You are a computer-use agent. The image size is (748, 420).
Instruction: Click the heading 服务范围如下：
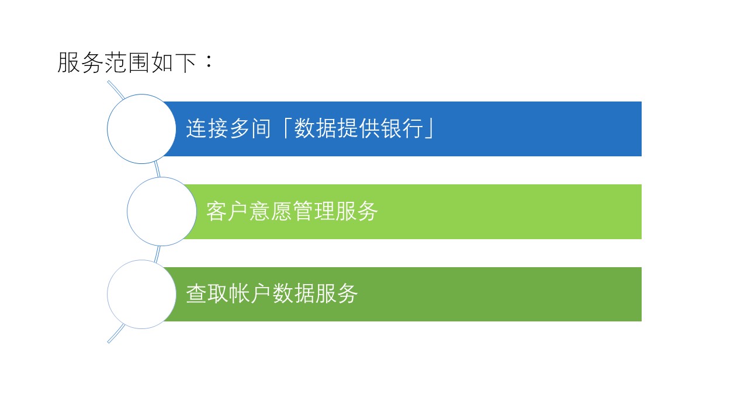pyautogui.click(x=135, y=62)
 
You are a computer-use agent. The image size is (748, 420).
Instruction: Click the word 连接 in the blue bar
pyautogui.click(x=207, y=128)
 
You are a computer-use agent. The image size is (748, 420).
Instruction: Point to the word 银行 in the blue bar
pyautogui.click(x=403, y=128)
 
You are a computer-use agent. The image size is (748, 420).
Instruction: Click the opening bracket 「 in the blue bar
pyautogui.click(x=286, y=128)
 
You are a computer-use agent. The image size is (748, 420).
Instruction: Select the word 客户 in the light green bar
pyautogui.click(x=227, y=211)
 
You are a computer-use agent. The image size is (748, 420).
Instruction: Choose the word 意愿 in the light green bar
pyautogui.click(x=271, y=211)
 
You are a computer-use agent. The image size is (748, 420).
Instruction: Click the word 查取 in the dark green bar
pyautogui.click(x=207, y=293)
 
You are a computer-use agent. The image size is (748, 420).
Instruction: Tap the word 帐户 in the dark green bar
pyautogui.click(x=251, y=293)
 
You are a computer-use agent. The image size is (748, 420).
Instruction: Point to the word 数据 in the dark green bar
pyautogui.click(x=293, y=293)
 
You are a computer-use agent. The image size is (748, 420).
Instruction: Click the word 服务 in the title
pyautogui.click(x=80, y=62)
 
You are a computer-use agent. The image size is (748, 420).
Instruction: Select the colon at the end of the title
pyautogui.click(x=209, y=61)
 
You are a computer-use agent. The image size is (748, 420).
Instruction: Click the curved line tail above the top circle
pyautogui.click(x=116, y=89)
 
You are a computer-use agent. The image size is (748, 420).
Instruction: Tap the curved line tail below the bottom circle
pyautogui.click(x=116, y=333)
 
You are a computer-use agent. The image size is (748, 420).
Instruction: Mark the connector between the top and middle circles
pyautogui.click(x=157, y=169)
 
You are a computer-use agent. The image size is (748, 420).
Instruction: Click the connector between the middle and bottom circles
pyautogui.click(x=157, y=254)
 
